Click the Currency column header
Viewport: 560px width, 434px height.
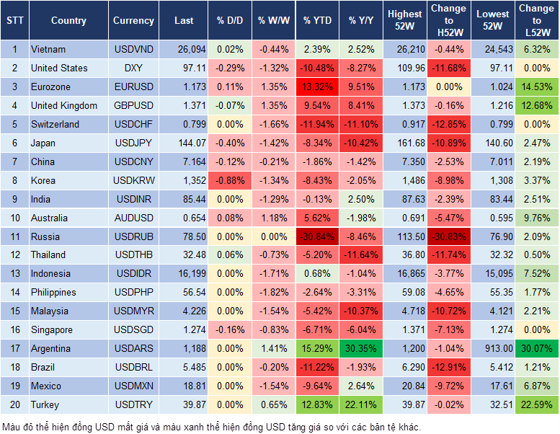coord(133,21)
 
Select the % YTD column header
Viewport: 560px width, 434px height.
coord(317,21)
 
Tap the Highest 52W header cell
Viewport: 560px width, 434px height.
coord(404,21)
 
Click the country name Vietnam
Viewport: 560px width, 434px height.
coord(48,50)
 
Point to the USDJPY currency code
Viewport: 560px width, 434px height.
coord(133,143)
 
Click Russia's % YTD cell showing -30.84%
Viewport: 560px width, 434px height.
coord(317,236)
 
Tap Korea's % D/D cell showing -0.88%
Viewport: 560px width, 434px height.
coord(229,180)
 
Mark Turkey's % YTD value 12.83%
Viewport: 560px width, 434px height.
coord(317,404)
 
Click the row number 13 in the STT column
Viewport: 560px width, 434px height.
coord(14,273)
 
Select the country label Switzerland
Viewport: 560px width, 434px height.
coord(55,124)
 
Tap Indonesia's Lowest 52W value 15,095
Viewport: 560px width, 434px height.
coord(494,273)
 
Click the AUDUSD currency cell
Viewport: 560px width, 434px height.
coord(133,218)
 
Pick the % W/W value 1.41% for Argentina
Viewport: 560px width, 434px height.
coord(273,348)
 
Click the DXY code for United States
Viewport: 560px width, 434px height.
coord(133,68)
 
